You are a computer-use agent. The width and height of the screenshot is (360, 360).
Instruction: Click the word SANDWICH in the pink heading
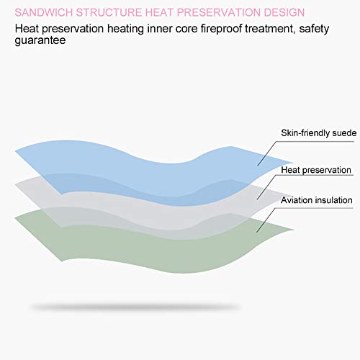tap(44, 12)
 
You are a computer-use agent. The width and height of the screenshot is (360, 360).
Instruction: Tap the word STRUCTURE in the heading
tap(109, 12)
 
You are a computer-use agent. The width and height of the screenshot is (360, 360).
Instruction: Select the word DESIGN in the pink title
tap(284, 12)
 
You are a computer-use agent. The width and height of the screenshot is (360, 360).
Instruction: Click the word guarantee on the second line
tap(40, 40)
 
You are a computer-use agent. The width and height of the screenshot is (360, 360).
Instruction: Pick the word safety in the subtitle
tap(314, 29)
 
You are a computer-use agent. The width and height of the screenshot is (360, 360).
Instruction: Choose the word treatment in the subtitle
tap(270, 29)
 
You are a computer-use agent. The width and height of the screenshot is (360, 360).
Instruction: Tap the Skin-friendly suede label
tap(319, 133)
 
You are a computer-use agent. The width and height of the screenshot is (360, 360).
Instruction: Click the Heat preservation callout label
tap(316, 170)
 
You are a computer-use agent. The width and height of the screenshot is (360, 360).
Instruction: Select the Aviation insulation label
tap(317, 200)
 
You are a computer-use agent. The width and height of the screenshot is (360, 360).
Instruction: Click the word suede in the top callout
tap(344, 133)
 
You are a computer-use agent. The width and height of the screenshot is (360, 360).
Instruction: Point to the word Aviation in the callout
tap(297, 200)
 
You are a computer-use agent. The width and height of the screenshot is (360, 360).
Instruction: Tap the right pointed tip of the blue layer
tap(294, 163)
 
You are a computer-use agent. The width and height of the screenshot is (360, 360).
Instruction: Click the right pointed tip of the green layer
tap(294, 230)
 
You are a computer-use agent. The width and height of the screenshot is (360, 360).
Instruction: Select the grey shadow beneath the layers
tap(135, 307)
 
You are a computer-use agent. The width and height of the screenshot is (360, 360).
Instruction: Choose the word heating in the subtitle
tap(125, 29)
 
